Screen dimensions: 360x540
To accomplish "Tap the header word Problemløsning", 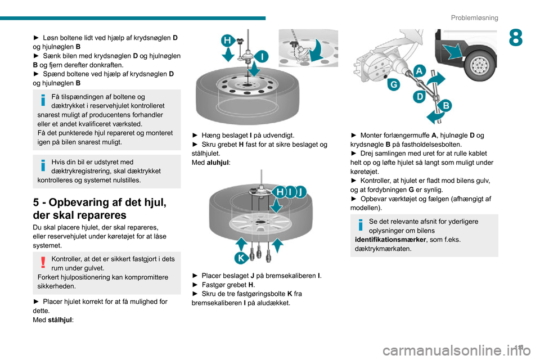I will point(474,17).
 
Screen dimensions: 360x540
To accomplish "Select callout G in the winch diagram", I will point(394,85).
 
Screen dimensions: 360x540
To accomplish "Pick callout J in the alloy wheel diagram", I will point(301,192).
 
